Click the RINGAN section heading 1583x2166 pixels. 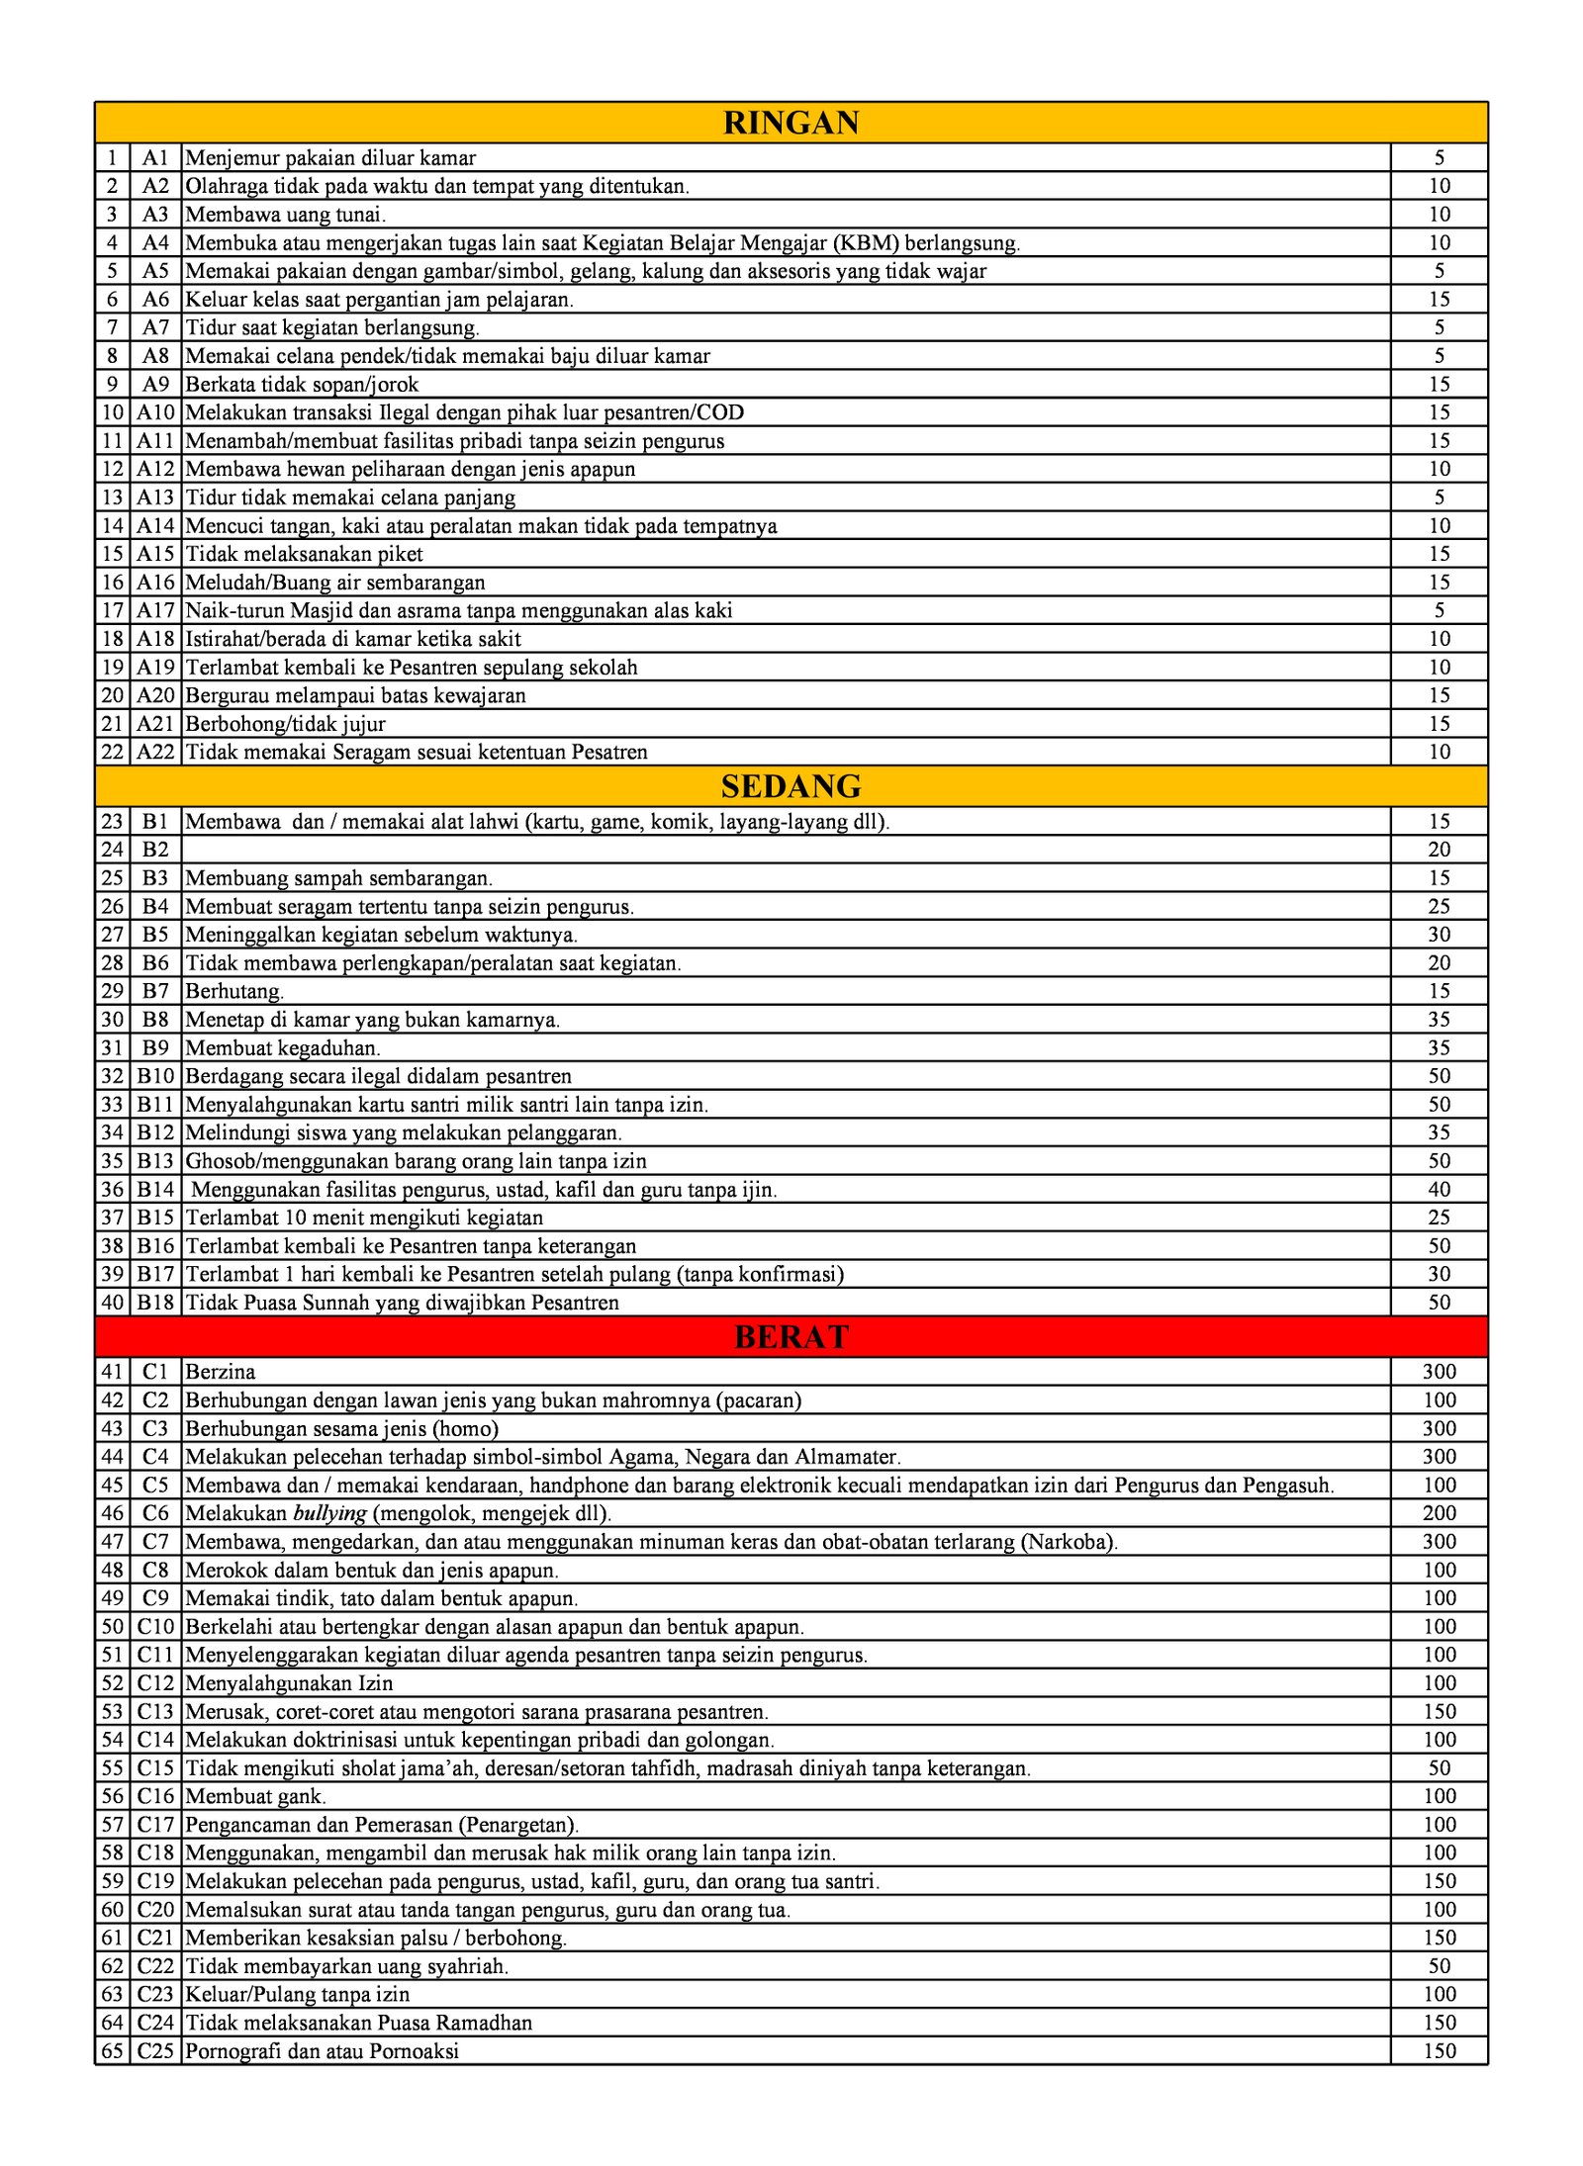click(x=791, y=123)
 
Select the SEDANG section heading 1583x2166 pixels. click(x=791, y=786)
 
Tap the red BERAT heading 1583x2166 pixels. click(x=791, y=1336)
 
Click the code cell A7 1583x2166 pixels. click(x=155, y=327)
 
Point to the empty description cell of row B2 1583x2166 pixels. click(x=786, y=850)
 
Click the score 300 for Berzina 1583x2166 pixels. click(x=1439, y=1372)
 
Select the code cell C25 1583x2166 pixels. click(x=155, y=2051)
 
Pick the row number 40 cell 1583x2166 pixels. click(x=113, y=1303)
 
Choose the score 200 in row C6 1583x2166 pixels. click(x=1439, y=1513)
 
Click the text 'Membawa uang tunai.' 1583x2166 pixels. click(x=286, y=215)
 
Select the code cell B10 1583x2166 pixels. click(x=155, y=1076)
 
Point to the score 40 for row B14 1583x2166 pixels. click(x=1439, y=1190)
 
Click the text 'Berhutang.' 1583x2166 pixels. click(x=234, y=991)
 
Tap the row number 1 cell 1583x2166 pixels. click(x=113, y=158)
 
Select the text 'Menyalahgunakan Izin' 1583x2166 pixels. click(x=289, y=1683)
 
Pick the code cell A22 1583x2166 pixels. click(x=155, y=752)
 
